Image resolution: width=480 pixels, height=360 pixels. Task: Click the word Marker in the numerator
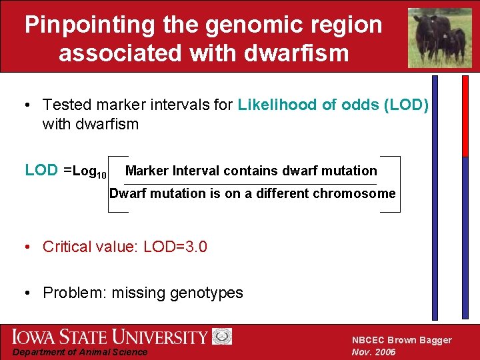(147, 171)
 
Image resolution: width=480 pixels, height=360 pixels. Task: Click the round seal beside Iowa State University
(222, 337)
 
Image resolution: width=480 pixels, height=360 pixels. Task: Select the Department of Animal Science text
(81, 352)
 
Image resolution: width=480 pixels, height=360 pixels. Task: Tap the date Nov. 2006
(373, 352)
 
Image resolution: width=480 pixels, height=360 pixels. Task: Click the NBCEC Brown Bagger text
(401, 340)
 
